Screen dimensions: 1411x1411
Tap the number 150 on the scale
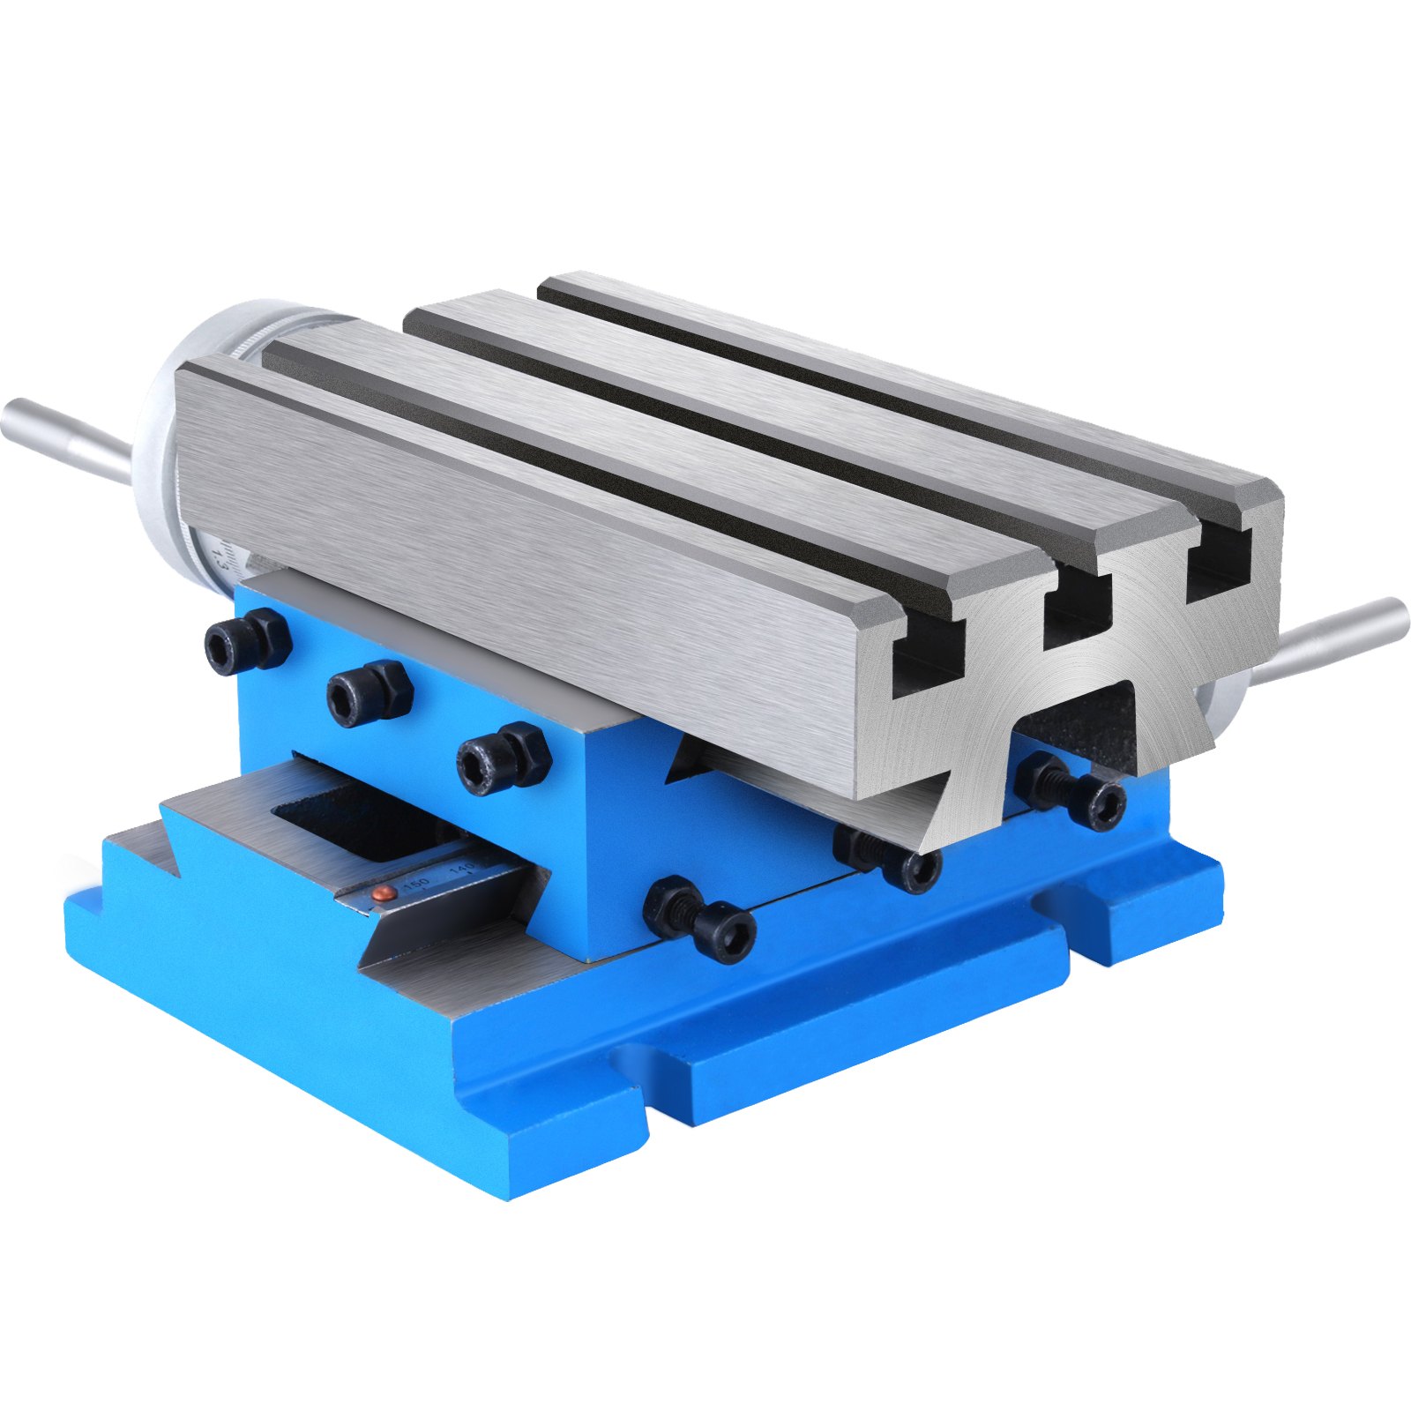tap(415, 883)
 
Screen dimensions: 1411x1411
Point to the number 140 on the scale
tap(461, 871)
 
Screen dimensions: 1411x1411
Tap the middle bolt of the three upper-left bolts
tap(369, 692)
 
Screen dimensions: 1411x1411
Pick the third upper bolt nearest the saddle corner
tap(504, 755)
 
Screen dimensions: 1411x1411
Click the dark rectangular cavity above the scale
tap(370, 820)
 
